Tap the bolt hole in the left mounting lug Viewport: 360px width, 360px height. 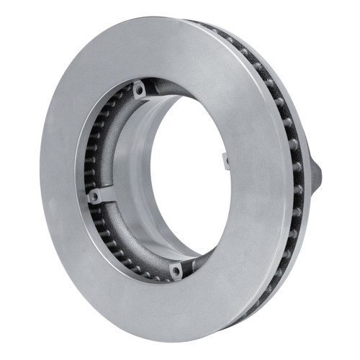coord(94,195)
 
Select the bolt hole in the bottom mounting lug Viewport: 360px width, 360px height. coord(176,270)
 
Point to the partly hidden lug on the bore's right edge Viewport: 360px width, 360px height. coord(225,160)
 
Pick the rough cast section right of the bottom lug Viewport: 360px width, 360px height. coord(198,259)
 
